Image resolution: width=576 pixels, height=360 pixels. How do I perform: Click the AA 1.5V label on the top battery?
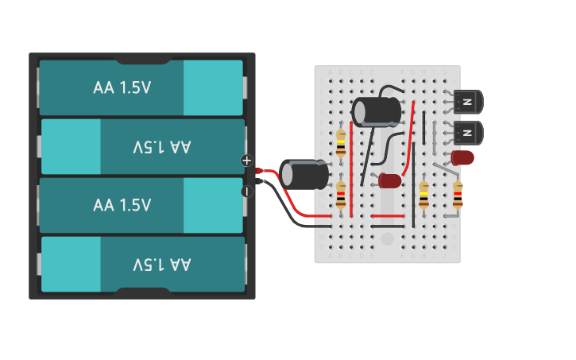click(x=122, y=88)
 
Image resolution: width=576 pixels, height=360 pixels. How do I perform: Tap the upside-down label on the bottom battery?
click(x=162, y=264)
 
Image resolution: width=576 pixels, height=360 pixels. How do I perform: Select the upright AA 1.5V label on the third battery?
click(x=122, y=205)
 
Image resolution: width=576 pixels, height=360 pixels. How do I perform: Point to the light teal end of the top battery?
click(x=213, y=88)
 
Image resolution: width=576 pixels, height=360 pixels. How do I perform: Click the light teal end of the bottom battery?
click(x=71, y=264)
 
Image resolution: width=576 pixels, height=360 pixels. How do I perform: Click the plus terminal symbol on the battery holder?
click(x=246, y=161)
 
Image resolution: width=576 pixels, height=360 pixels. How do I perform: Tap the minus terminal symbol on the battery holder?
click(x=246, y=191)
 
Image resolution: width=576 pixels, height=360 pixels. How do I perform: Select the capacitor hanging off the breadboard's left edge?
click(x=303, y=174)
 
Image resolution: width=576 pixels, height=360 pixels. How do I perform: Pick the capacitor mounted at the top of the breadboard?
click(x=377, y=111)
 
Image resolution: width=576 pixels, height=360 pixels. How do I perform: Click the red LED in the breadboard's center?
click(x=390, y=180)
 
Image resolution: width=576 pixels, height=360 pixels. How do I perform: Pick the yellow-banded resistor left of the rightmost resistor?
click(x=423, y=195)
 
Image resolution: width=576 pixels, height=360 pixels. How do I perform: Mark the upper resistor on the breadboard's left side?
click(x=341, y=143)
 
